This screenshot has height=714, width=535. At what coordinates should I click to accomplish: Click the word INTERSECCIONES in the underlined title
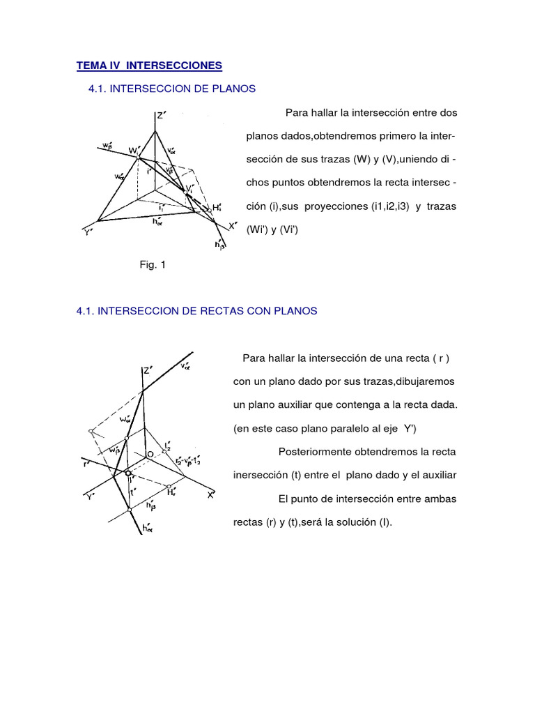point(175,66)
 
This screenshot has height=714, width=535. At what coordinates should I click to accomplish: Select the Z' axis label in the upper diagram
point(160,116)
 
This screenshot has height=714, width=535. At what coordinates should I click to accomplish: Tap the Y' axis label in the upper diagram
point(89,232)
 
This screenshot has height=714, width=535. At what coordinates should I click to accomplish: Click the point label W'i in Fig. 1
point(132,150)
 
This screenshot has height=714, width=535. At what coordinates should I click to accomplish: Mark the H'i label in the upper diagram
point(217,207)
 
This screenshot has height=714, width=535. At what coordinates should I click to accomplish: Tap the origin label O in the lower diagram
point(149,454)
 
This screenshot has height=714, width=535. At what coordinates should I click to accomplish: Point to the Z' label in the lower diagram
point(147,371)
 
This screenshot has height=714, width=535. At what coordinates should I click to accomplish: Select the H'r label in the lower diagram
point(171,492)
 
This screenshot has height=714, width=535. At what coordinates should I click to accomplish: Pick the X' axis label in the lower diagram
point(210,494)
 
